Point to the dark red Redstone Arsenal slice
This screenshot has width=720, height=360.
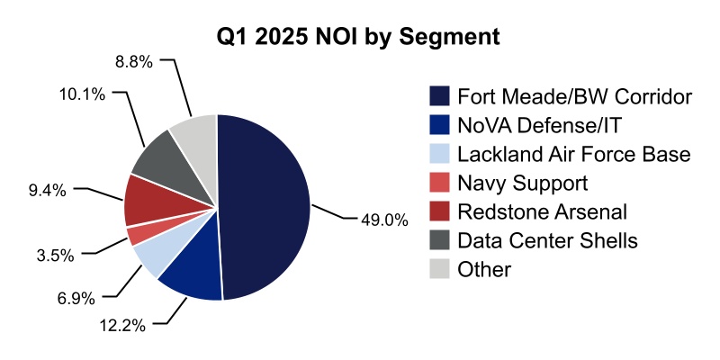coord(144,200)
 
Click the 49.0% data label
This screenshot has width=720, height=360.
coord(384,219)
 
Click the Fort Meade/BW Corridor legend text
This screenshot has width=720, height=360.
coord(574,96)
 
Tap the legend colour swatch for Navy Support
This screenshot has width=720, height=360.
coord(439,183)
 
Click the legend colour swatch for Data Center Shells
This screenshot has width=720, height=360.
coord(439,240)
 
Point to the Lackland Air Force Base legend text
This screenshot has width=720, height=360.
coord(573,154)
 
